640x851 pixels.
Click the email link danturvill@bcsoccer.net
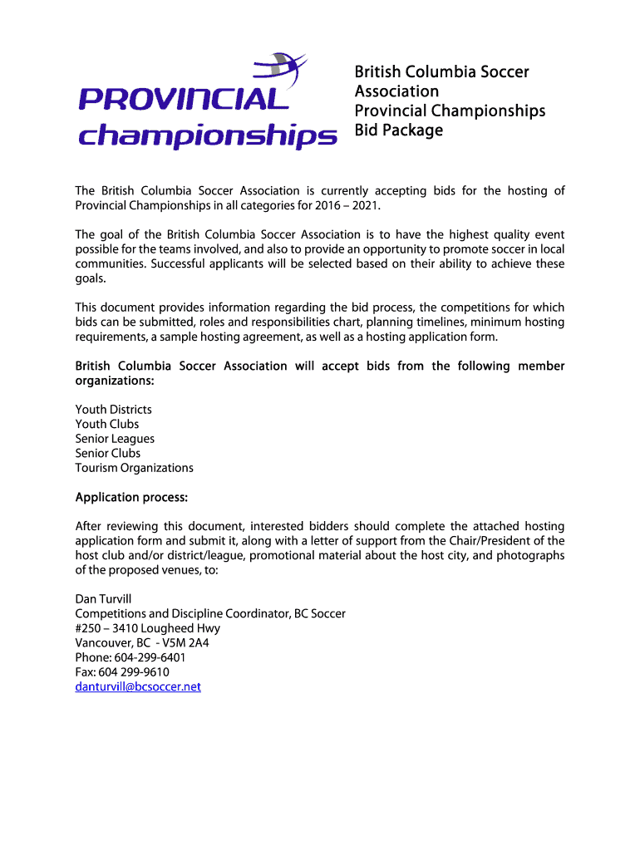point(138,687)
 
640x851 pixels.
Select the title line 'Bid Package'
point(399,130)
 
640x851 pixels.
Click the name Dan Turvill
point(104,599)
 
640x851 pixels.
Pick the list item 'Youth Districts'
point(114,410)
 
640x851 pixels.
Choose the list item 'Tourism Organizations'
point(134,468)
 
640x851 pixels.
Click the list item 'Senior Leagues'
point(115,439)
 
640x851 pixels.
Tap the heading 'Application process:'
point(131,498)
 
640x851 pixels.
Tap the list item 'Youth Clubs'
point(107,425)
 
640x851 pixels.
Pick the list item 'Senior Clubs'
point(108,454)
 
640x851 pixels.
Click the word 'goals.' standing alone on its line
point(91,279)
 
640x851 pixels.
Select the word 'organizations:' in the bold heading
point(115,381)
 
